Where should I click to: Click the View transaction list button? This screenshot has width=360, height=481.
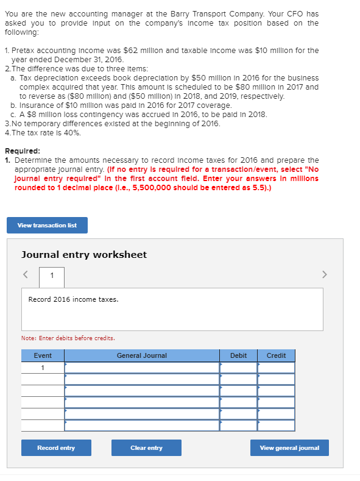pyautogui.click(x=47, y=226)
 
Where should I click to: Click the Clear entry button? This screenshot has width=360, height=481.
pyautogui.click(x=146, y=448)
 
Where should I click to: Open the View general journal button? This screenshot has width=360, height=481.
pyautogui.click(x=289, y=448)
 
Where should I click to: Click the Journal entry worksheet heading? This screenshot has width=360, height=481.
pyautogui.click(x=84, y=255)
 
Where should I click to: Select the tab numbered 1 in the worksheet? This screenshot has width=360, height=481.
pyautogui.click(x=52, y=276)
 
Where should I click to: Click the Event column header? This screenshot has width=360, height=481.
pyautogui.click(x=43, y=355)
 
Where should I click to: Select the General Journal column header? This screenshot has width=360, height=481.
pyautogui.click(x=142, y=355)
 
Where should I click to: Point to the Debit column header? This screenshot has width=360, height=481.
pyautogui.click(x=238, y=355)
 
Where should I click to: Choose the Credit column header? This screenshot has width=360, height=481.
pyautogui.click(x=276, y=355)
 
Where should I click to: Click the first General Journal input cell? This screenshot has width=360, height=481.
pyautogui.click(x=142, y=368)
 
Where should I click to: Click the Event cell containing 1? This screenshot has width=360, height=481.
pyautogui.click(x=43, y=368)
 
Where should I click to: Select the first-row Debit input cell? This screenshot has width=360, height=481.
pyautogui.click(x=238, y=368)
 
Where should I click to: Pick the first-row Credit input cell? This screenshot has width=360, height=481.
pyautogui.click(x=276, y=368)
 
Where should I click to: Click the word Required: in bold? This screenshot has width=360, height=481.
pyautogui.click(x=23, y=151)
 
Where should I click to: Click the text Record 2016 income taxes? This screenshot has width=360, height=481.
pyautogui.click(x=74, y=300)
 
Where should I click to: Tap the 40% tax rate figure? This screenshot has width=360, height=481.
pyautogui.click(x=72, y=132)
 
